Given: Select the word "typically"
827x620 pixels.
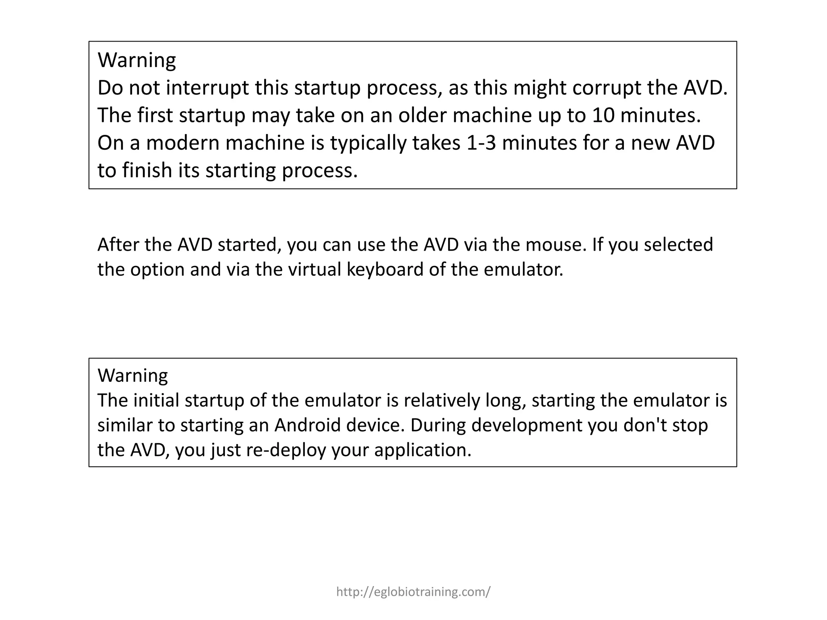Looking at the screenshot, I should point(369,143).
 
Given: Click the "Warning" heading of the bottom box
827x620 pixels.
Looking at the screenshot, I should point(133,375).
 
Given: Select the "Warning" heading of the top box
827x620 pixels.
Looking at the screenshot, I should point(137,60).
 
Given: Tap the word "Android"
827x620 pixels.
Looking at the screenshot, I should point(308,425).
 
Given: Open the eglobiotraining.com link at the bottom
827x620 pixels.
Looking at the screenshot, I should point(413,592).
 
